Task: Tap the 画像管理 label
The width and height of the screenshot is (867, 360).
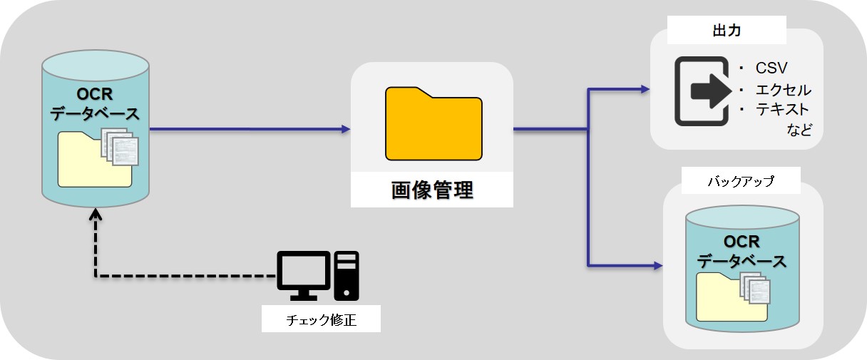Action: click(x=432, y=190)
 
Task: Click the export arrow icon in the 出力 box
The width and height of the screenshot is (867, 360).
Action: click(x=702, y=91)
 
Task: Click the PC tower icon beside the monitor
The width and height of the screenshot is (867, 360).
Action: click(x=347, y=275)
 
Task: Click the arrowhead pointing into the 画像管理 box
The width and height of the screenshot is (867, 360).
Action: click(x=346, y=129)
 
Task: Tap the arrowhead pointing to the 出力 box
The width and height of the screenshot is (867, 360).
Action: click(x=645, y=89)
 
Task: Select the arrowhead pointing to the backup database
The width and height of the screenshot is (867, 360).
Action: click(x=658, y=265)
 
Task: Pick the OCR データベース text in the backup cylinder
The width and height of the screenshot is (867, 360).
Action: click(x=742, y=252)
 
